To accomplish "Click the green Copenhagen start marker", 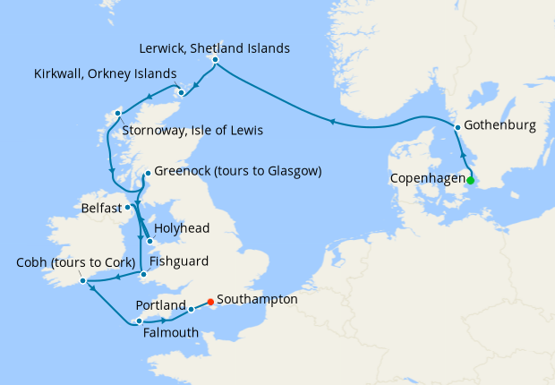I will [x=471, y=179].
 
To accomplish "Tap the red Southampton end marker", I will [x=210, y=302].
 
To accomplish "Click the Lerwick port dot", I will [x=216, y=60].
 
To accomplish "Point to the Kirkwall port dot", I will [x=180, y=91].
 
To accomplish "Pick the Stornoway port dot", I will [x=116, y=114].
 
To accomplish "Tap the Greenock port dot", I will [x=147, y=174].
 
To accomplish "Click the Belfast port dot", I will [x=128, y=207].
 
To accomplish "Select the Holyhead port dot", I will [x=149, y=241].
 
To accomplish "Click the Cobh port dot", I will [x=82, y=281].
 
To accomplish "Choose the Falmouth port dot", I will [x=138, y=321].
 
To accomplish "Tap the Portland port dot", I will [x=191, y=310].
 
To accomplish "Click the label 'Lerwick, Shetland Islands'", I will [x=215, y=47].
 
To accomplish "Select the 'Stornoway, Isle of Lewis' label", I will [x=191, y=131].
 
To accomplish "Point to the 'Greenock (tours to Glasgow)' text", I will [x=237, y=171].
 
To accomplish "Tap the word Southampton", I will [x=257, y=299].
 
